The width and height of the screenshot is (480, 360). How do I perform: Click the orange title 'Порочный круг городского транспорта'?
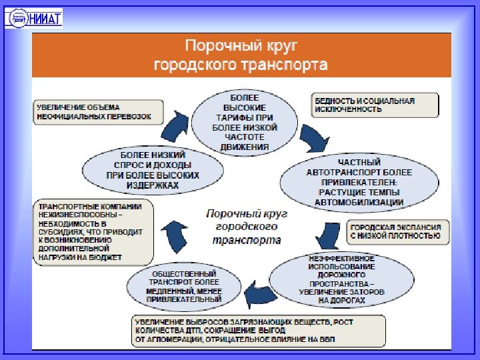[241, 56]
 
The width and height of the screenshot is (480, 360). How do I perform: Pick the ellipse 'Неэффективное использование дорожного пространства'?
[337, 279]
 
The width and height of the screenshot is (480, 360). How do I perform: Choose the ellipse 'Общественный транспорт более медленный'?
[184, 286]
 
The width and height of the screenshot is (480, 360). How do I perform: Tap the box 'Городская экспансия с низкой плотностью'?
[396, 231]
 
